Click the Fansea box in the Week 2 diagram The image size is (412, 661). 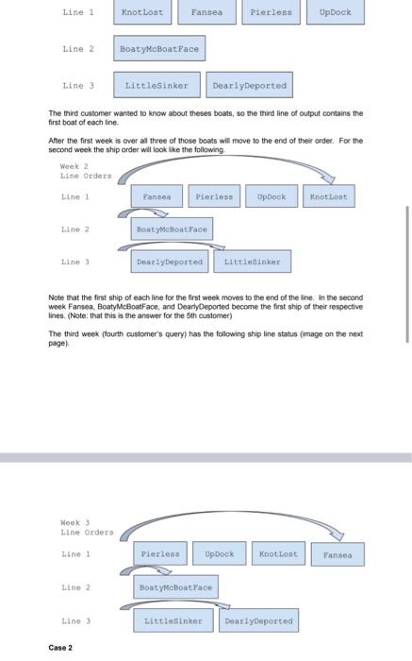click(157, 196)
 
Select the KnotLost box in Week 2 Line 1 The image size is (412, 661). click(329, 196)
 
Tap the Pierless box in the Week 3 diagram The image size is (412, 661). click(159, 554)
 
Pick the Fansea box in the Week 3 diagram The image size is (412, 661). click(338, 555)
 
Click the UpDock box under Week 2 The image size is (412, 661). click(272, 196)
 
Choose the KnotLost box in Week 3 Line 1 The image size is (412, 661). click(278, 554)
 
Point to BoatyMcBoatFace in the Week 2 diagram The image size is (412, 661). click(172, 229)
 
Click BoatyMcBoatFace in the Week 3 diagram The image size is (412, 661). click(176, 587)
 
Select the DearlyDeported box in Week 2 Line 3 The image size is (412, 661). click(170, 262)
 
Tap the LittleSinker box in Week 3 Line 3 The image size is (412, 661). click(173, 620)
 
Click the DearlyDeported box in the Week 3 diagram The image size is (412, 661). click(258, 620)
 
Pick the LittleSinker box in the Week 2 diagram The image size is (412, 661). click(251, 262)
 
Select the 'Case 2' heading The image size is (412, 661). click(60, 648)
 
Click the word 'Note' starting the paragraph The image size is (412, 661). click(58, 297)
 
